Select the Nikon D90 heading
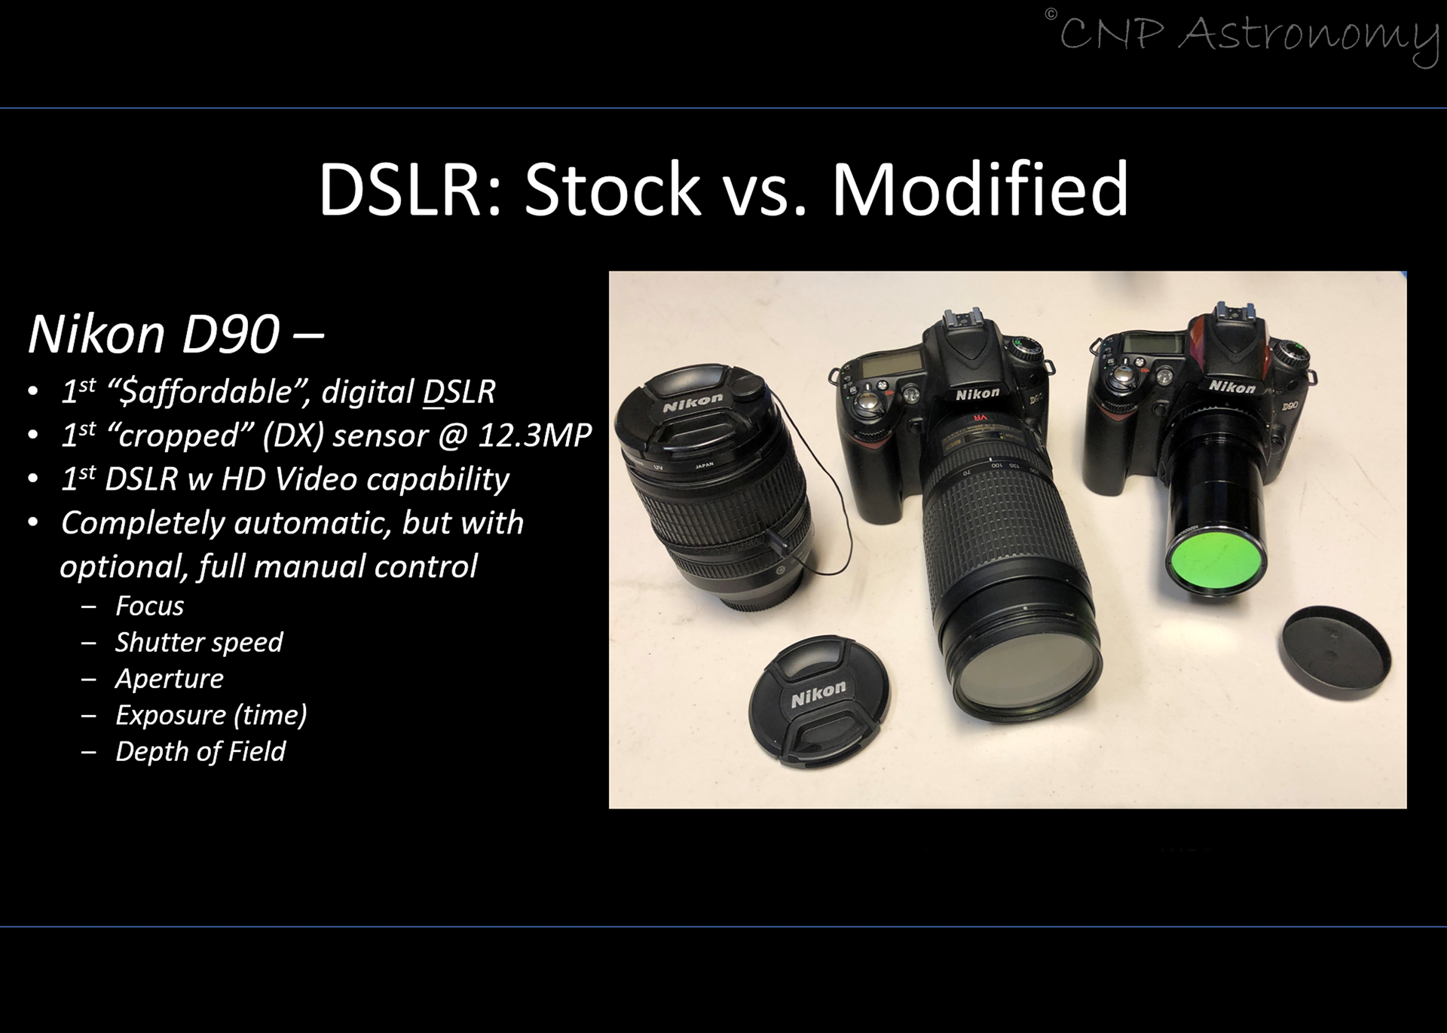(176, 334)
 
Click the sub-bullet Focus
(149, 606)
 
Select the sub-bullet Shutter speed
(199, 643)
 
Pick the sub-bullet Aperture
(170, 679)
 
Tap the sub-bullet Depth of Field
(200, 751)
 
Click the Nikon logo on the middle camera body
(977, 394)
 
